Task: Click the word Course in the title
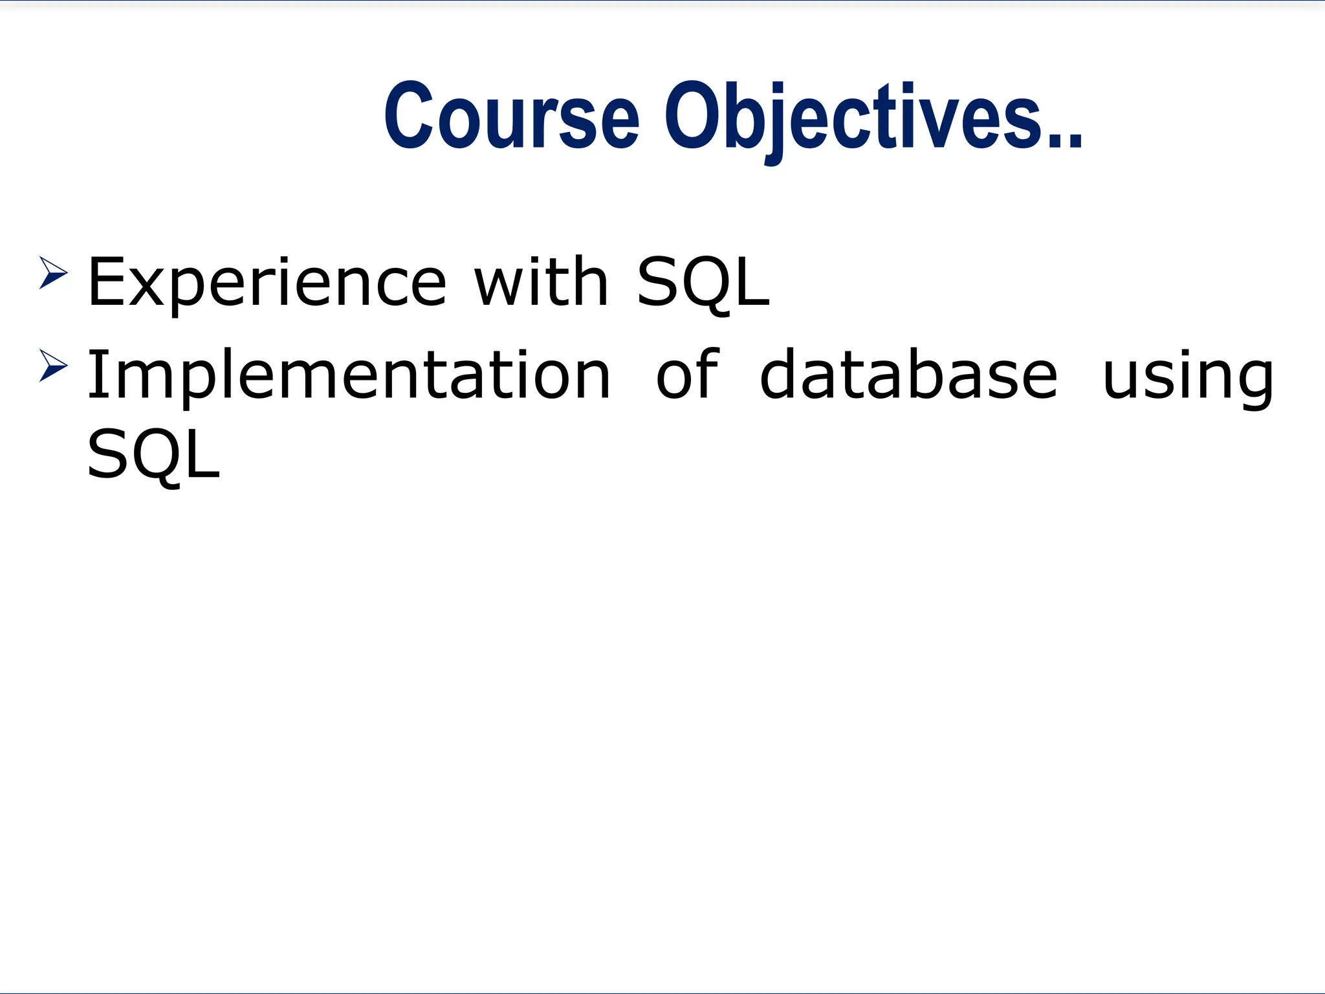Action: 511,116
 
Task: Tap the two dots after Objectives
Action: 1067,138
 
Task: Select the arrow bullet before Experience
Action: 53,272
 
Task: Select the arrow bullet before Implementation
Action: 53,365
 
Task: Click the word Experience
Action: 267,283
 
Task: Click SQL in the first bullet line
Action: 703,283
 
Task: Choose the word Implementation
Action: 349,375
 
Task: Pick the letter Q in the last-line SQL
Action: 158,456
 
